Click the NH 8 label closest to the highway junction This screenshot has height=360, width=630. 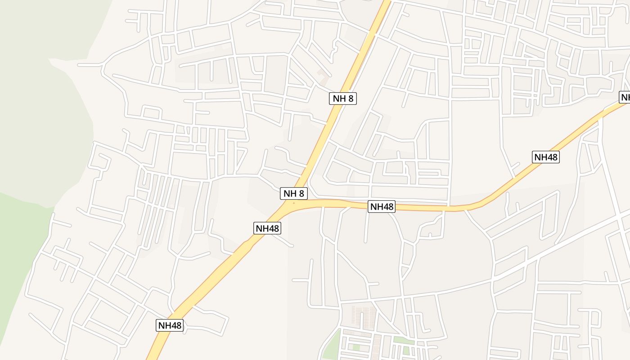(x=294, y=193)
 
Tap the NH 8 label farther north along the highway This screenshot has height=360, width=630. (x=343, y=99)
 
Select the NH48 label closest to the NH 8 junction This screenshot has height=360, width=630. (x=267, y=228)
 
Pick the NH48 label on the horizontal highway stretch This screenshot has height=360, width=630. (x=382, y=207)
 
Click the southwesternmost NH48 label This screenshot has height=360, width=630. (x=170, y=325)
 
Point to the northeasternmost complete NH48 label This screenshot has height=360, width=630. (x=546, y=157)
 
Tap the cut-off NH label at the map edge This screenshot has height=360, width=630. (x=625, y=97)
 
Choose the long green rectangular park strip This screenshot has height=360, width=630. (x=404, y=341)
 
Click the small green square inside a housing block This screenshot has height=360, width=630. (x=356, y=348)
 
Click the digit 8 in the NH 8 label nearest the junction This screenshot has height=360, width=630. (x=301, y=193)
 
